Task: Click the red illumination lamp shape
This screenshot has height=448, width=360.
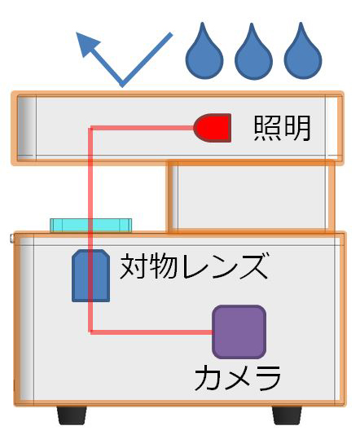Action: click(x=213, y=128)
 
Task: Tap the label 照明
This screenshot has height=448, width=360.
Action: click(x=283, y=128)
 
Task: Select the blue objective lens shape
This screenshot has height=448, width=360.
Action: click(x=91, y=275)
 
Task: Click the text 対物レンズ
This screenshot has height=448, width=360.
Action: click(x=194, y=266)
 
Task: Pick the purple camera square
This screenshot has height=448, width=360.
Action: click(x=239, y=332)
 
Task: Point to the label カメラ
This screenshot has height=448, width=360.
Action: click(x=238, y=378)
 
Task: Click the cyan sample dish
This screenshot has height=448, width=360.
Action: click(x=91, y=225)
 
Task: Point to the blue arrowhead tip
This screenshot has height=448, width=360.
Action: click(x=77, y=33)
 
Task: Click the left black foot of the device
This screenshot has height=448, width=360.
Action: click(x=72, y=415)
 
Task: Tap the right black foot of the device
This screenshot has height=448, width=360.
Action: click(x=287, y=415)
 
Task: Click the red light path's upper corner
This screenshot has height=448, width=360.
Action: click(x=91, y=128)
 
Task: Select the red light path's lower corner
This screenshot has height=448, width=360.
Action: click(x=91, y=332)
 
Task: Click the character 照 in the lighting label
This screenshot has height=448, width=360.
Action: click(x=267, y=128)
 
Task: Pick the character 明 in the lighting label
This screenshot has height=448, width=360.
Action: click(x=297, y=128)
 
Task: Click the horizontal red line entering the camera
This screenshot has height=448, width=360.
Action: click(x=151, y=332)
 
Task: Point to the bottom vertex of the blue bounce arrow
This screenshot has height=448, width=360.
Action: click(x=122, y=86)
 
